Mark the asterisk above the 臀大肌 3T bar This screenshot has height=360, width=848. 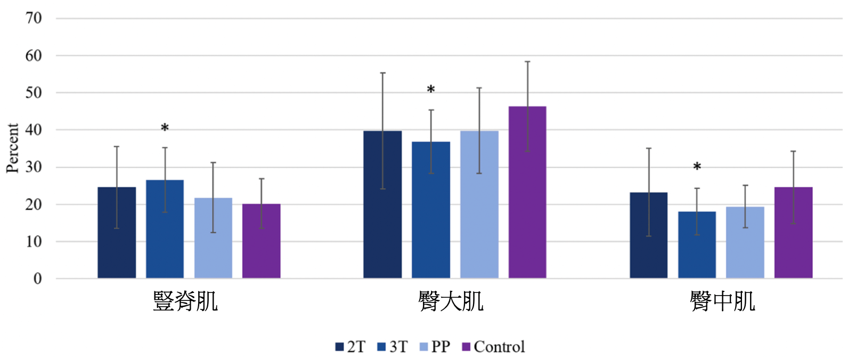click(431, 90)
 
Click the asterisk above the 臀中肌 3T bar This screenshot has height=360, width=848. click(697, 167)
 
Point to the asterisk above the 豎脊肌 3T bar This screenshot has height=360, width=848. click(165, 128)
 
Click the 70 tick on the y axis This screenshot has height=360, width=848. click(34, 18)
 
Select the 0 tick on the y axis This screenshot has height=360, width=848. click(37, 279)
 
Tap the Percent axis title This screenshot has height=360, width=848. click(12, 148)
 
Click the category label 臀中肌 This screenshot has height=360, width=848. click(722, 302)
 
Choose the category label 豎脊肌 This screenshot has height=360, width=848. click(185, 302)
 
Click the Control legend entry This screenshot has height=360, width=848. click(493, 347)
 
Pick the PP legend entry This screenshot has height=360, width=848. click(435, 347)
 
